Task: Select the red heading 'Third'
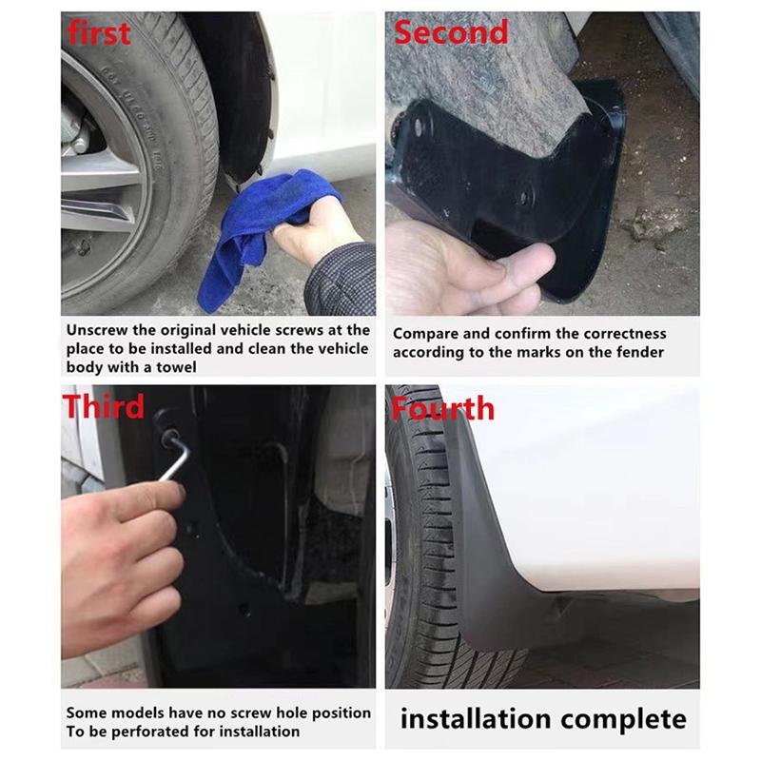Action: click(x=104, y=406)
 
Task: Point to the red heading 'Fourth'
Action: click(x=442, y=408)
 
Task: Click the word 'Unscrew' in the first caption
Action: click(x=98, y=331)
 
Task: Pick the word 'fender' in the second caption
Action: click(x=642, y=352)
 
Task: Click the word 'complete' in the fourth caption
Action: click(x=622, y=718)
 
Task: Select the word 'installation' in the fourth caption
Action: click(x=475, y=718)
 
